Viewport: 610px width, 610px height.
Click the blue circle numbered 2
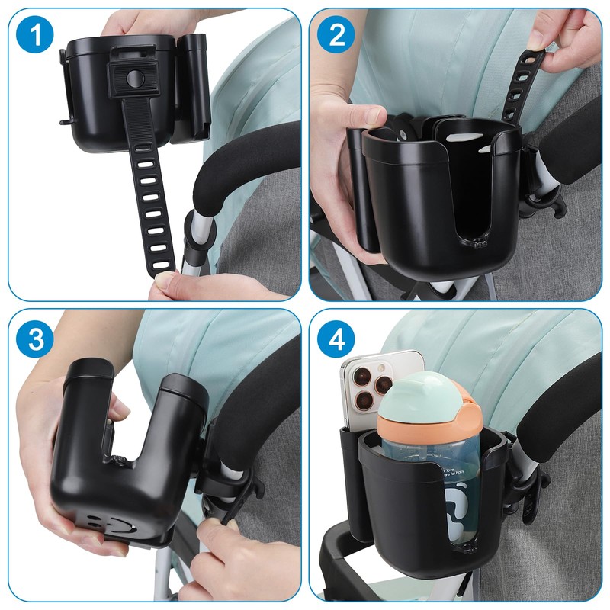[336, 36]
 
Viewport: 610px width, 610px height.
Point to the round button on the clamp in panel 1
[134, 77]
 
